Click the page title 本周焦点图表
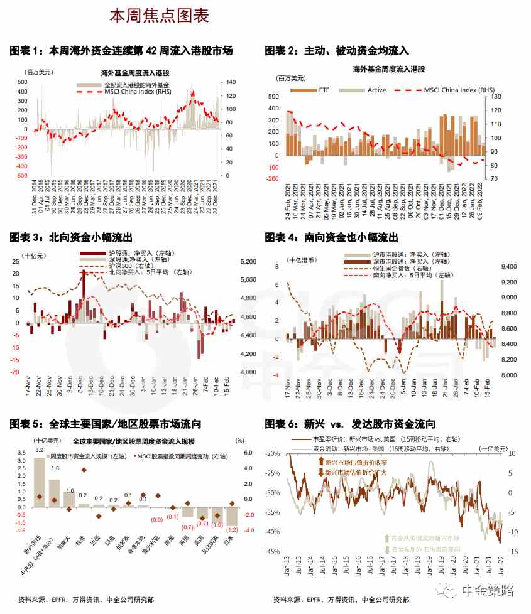tap(159, 16)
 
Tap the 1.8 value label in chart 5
tap(55, 468)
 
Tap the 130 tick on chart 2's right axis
tap(496, 97)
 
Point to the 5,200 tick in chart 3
tap(249, 261)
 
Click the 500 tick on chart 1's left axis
tap(22, 82)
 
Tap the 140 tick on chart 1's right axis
tap(230, 82)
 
